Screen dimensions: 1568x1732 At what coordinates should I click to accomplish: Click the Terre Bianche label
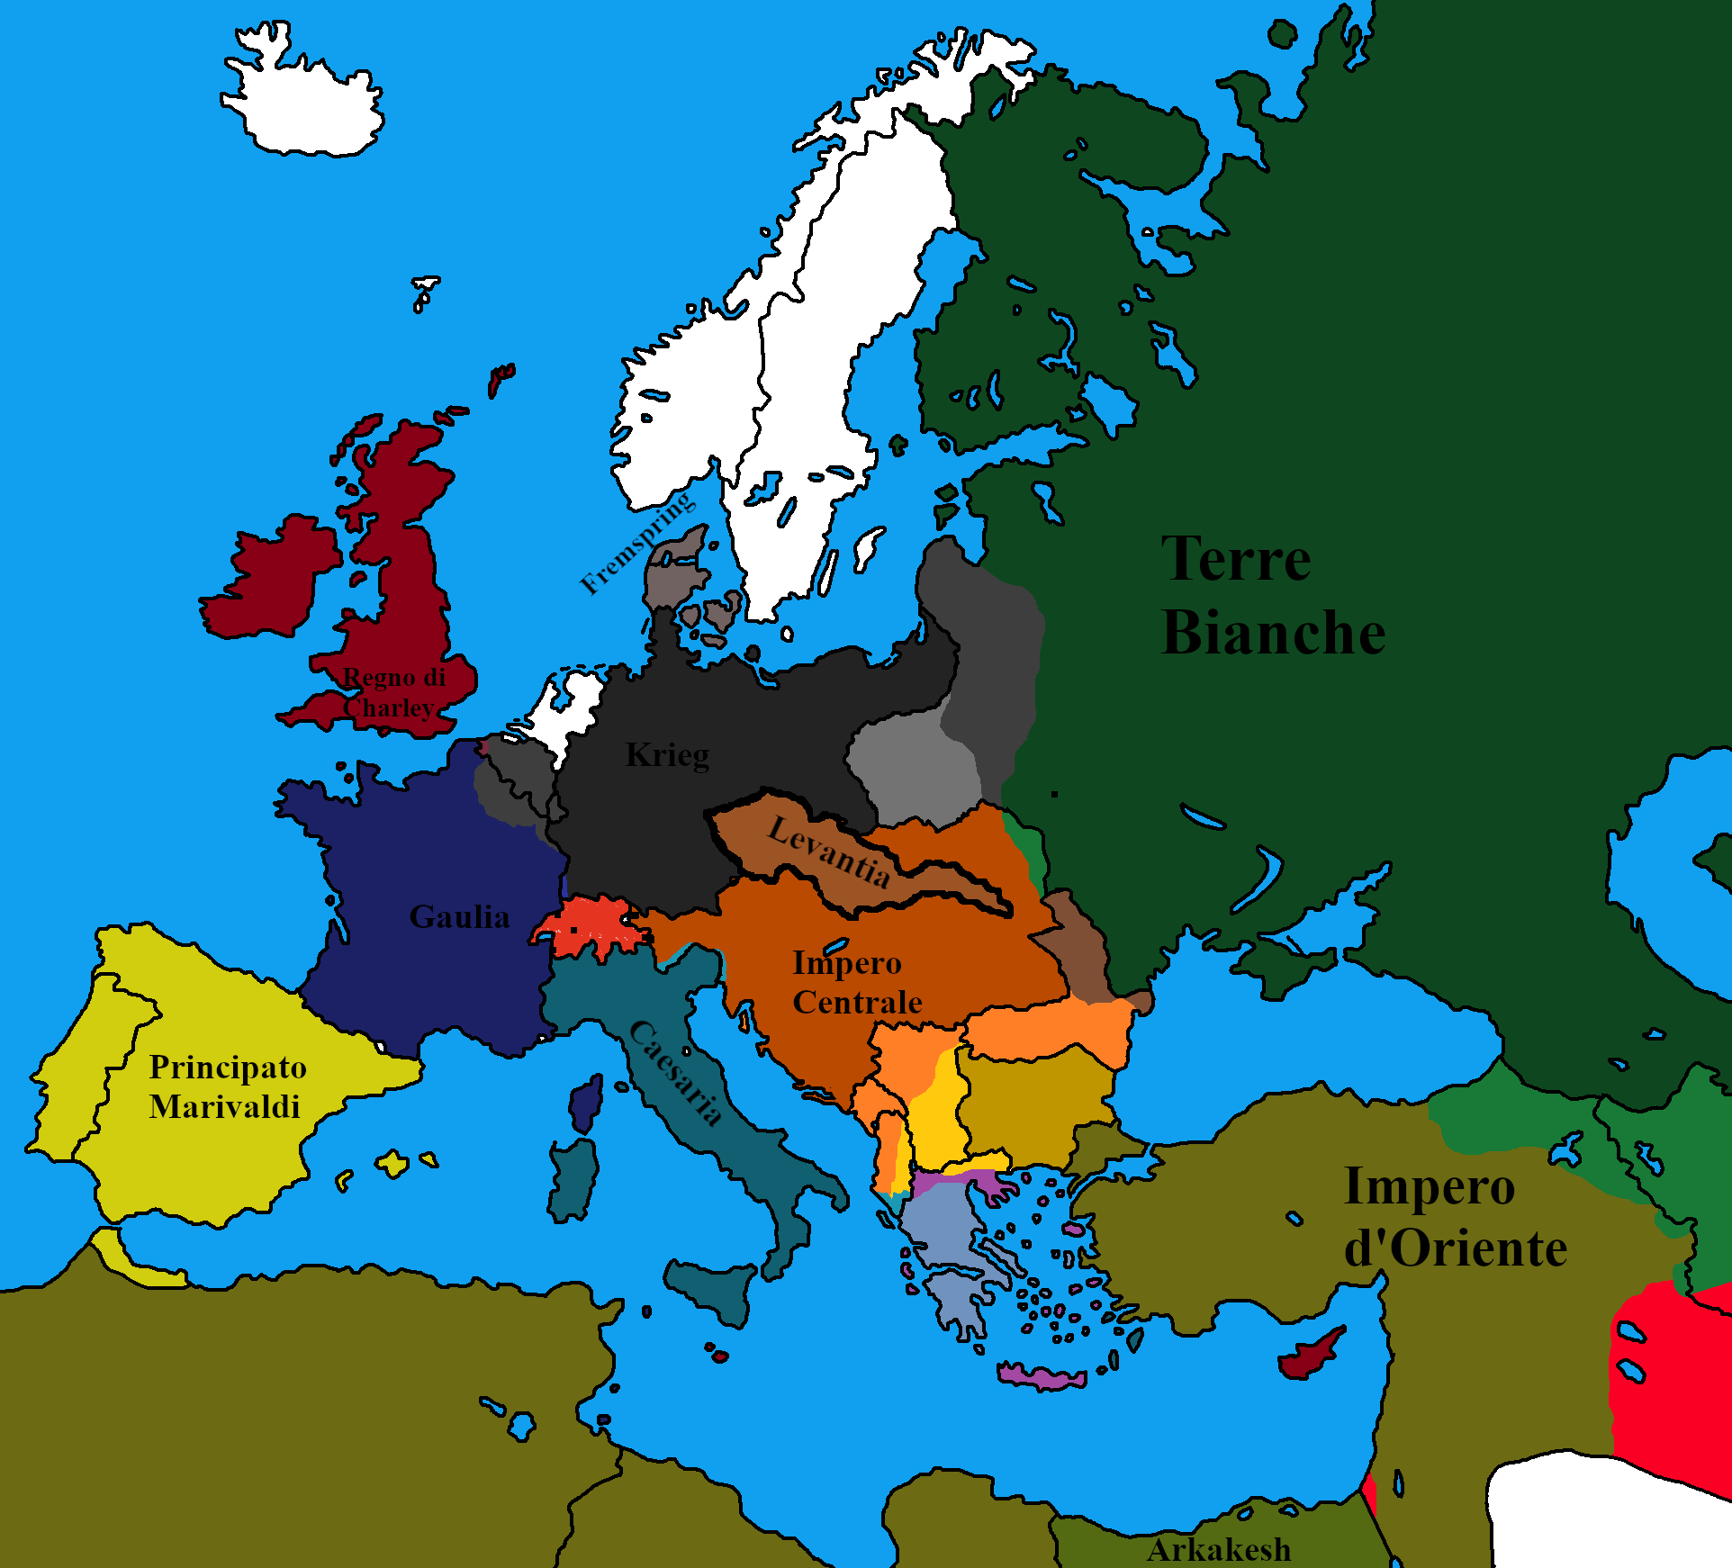1273,596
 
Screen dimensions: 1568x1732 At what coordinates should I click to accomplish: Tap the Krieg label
667,755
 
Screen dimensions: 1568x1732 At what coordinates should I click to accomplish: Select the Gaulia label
459,917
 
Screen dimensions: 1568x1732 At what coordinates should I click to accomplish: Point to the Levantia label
828,851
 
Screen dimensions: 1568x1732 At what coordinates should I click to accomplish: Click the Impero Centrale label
856,982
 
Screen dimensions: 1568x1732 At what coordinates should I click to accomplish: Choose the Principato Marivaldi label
227,1086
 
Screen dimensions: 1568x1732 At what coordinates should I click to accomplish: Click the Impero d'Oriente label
1454,1217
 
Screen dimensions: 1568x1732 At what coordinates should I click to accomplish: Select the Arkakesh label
1219,1550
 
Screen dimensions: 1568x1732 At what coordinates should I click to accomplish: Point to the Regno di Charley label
393,692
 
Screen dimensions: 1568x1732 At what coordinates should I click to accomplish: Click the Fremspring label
636,543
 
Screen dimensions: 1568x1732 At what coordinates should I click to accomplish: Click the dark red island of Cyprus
1311,1354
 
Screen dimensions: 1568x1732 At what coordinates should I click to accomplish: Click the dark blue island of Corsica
585,1104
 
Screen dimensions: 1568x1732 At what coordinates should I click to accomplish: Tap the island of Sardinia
573,1179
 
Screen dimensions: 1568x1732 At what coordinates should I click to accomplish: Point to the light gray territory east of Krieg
914,770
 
